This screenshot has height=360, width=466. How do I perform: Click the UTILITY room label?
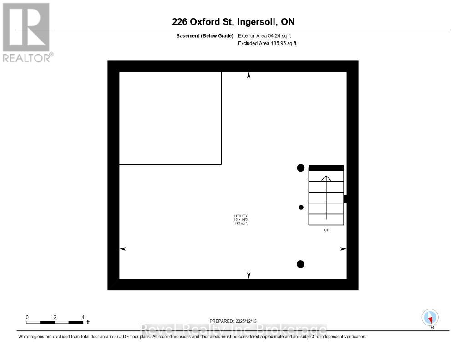[241, 216]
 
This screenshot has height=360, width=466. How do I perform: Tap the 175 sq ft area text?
[241, 223]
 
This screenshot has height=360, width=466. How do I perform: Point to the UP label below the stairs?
[326, 230]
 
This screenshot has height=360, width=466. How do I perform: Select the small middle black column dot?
[301, 208]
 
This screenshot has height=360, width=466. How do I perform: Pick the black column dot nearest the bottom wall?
[300, 264]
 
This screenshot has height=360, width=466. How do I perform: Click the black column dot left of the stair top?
[300, 168]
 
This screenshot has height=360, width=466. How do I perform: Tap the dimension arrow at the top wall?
[248, 76]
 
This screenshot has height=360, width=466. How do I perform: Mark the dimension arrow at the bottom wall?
[248, 275]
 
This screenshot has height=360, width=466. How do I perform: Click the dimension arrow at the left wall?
[122, 249]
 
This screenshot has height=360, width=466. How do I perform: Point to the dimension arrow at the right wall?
[343, 249]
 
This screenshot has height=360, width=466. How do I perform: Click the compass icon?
[430, 317]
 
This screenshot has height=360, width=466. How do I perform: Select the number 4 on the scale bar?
[83, 317]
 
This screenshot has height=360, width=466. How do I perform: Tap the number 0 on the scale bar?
[27, 317]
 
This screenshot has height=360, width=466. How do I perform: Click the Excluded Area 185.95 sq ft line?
[267, 44]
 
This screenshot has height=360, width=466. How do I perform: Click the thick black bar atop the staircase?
[326, 167]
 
